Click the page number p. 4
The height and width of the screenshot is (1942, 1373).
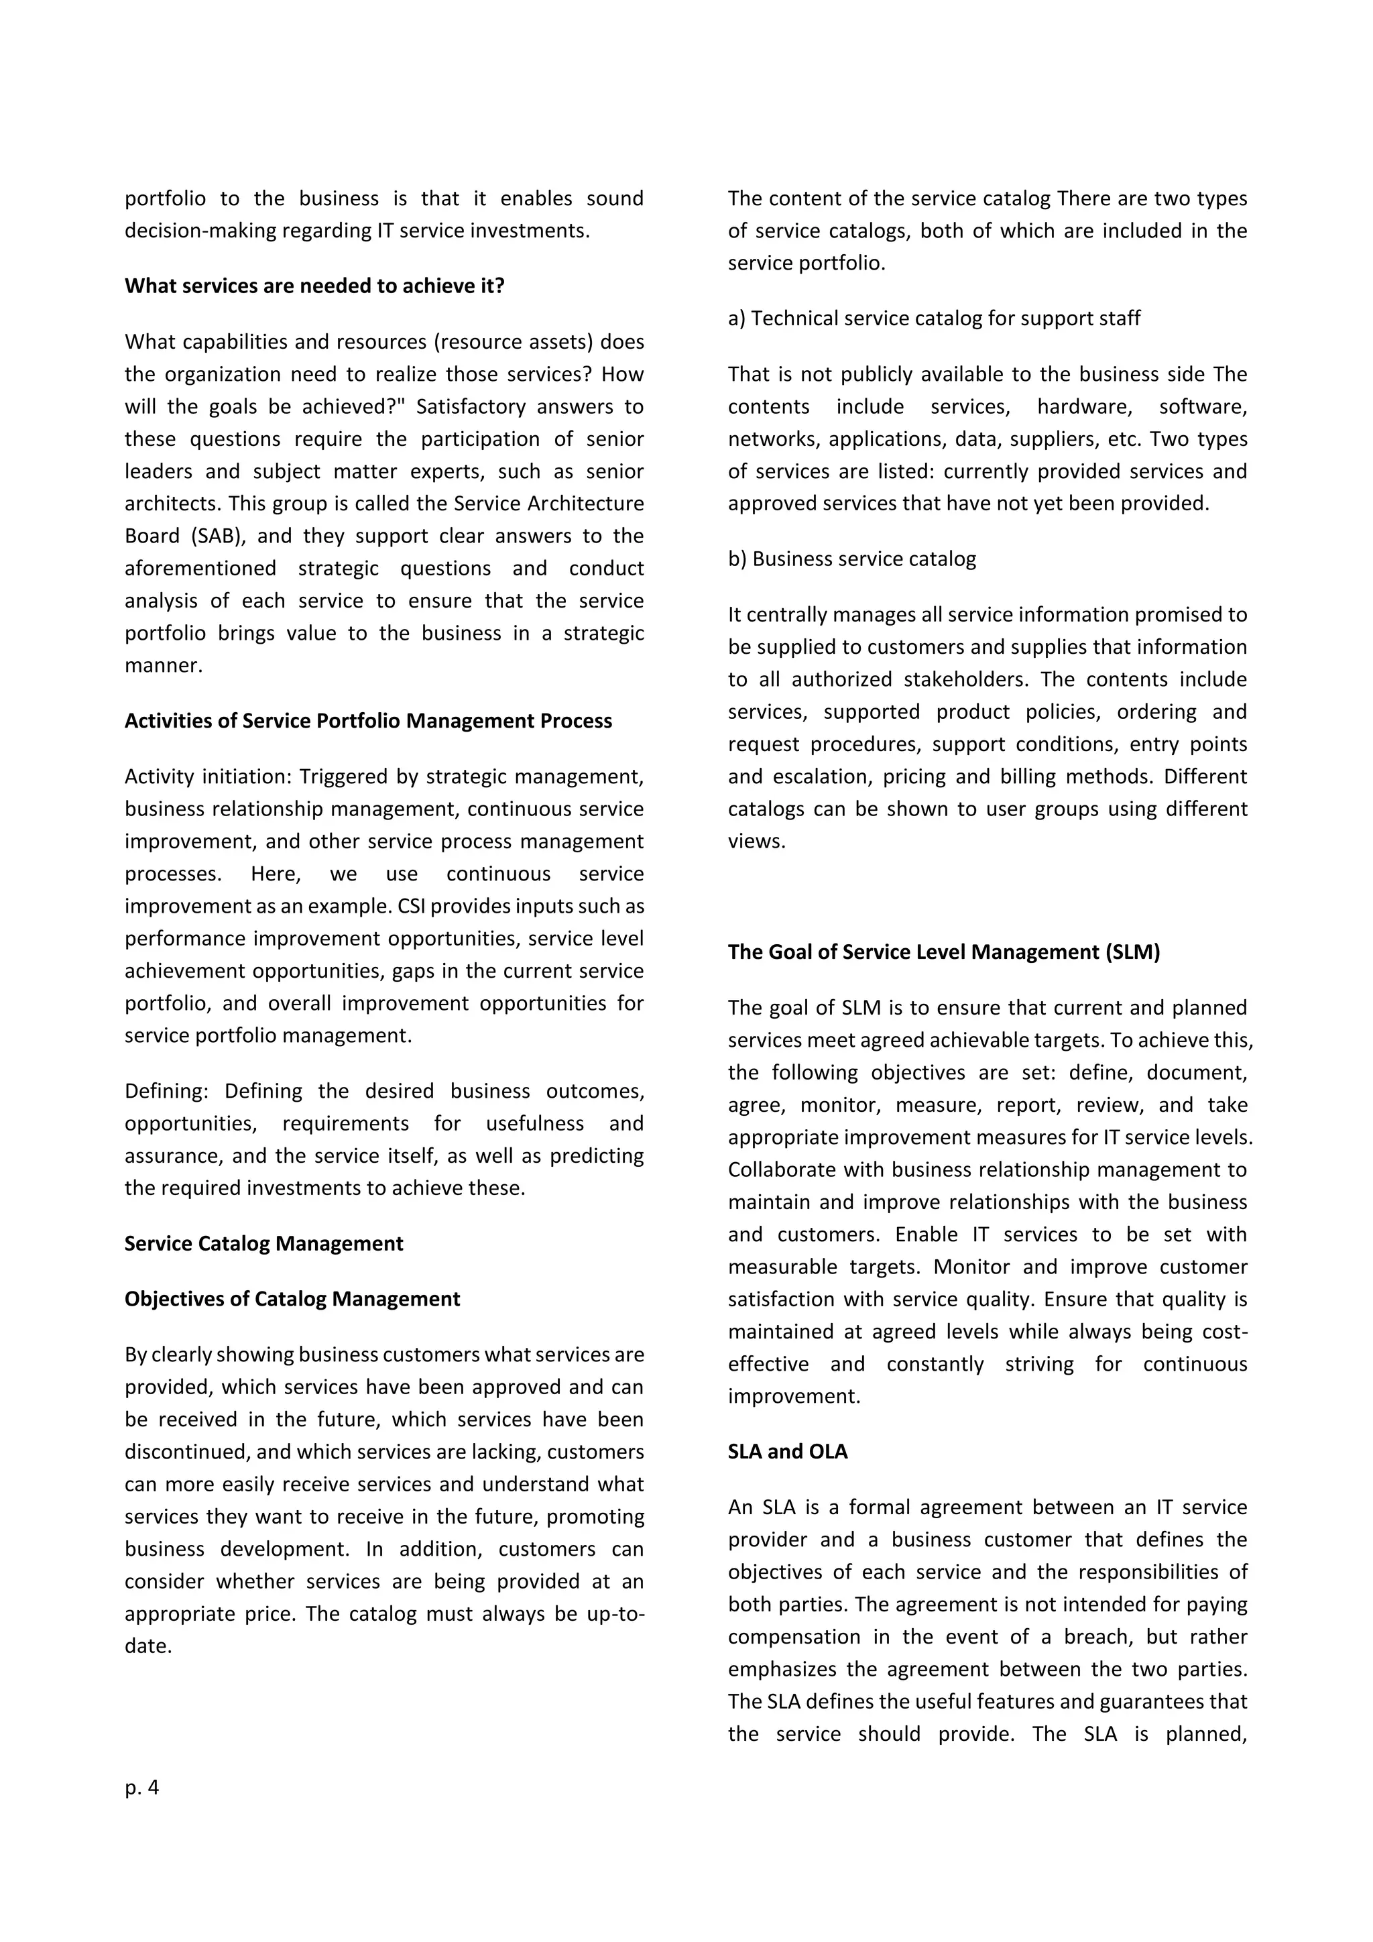141,1787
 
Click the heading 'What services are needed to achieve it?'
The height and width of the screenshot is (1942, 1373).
314,286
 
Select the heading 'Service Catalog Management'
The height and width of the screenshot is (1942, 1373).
263,1243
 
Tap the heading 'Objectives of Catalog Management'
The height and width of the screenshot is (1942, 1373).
292,1299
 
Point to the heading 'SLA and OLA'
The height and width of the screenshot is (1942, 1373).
787,1451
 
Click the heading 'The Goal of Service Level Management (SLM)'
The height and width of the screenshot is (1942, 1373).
943,952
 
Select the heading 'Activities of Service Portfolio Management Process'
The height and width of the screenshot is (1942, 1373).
368,721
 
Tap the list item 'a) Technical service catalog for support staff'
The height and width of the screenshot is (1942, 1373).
933,318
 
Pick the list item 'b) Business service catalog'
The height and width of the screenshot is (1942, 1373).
851,559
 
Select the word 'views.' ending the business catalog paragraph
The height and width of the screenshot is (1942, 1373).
757,842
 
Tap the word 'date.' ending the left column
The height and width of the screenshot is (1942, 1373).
148,1646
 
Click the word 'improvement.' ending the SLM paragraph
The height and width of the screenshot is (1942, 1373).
793,1396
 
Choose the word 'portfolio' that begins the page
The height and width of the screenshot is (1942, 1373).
165,198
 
